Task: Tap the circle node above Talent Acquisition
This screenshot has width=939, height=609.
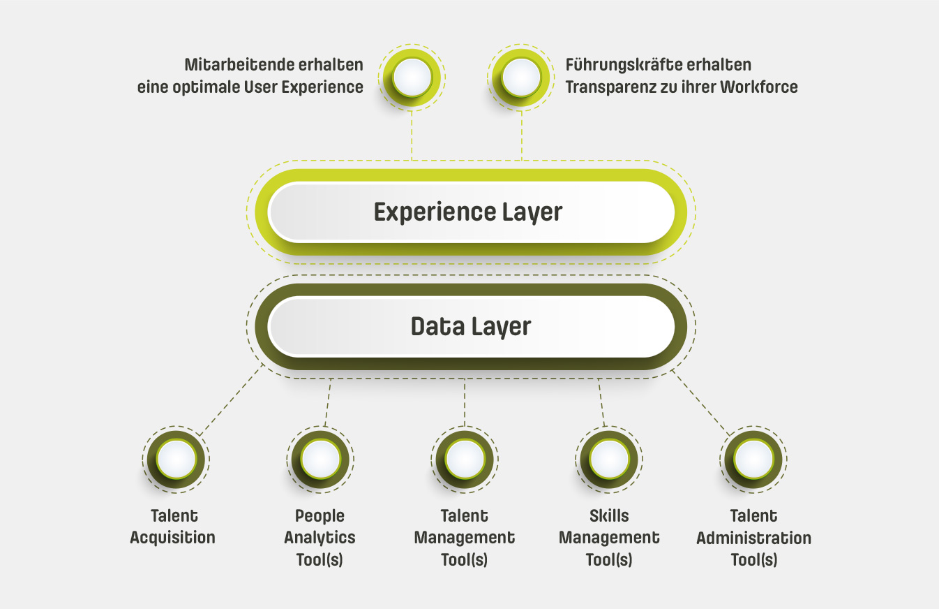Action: tap(176, 460)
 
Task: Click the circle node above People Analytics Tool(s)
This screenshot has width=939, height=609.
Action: tap(321, 460)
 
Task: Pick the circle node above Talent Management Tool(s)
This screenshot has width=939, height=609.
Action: tap(465, 460)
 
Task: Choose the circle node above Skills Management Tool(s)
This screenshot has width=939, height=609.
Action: tap(609, 460)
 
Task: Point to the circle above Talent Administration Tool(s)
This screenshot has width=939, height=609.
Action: tap(753, 460)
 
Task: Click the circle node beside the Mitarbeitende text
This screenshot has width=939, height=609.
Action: tap(412, 76)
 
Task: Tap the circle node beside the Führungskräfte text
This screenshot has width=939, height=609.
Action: tap(520, 76)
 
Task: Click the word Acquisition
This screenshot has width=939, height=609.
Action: tap(173, 538)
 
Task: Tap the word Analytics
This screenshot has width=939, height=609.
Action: tap(320, 538)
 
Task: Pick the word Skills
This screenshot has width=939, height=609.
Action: tap(609, 516)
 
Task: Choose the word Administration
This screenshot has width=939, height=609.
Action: tap(753, 538)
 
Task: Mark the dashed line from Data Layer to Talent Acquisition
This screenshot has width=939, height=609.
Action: tap(231, 401)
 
